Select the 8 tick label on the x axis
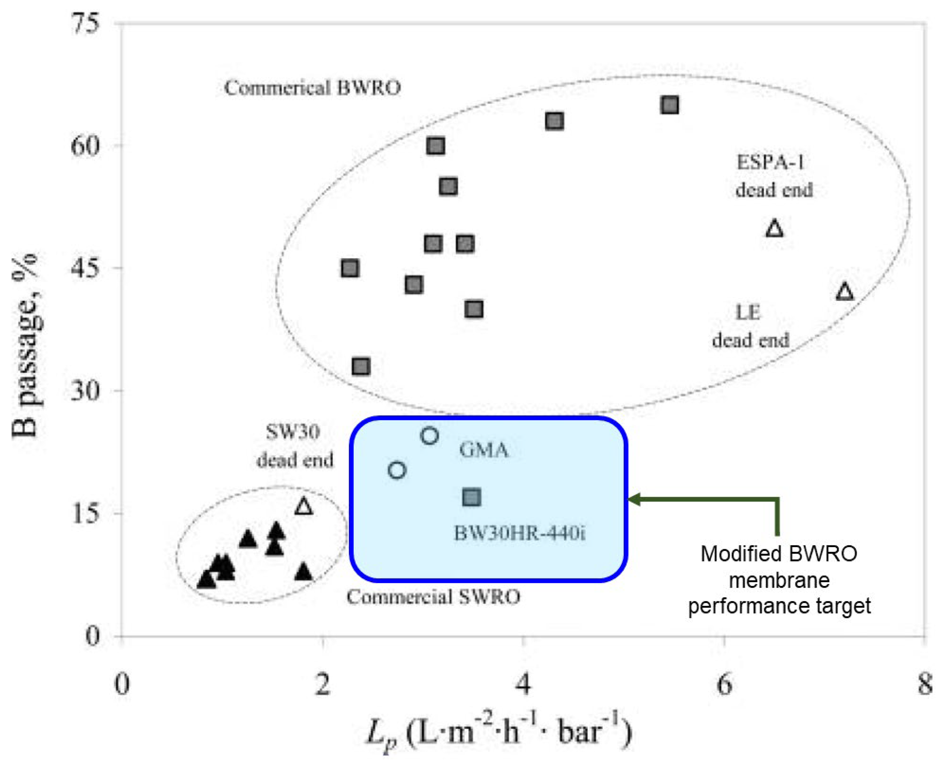pos(925,685)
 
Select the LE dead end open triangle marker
pos(844,292)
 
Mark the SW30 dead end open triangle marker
pos(303,506)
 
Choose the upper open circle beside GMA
pos(430,436)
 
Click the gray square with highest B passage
pos(669,105)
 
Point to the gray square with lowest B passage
pos(361,366)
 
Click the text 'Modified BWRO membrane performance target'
pos(779,579)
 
